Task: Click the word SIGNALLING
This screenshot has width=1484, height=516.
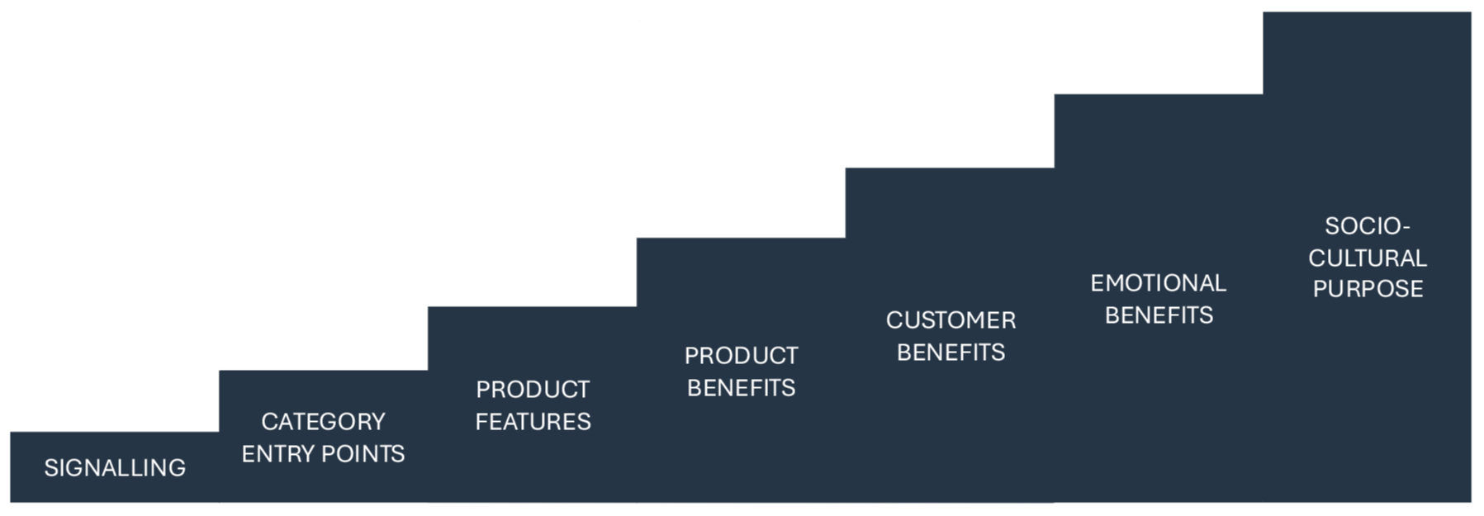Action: click(x=115, y=468)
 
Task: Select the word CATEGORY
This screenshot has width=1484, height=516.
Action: click(x=323, y=422)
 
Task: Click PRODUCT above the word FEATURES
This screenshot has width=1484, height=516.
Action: click(x=533, y=390)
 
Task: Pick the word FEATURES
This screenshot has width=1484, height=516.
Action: click(x=533, y=422)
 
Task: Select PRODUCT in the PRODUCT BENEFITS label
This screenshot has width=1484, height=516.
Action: click(x=741, y=356)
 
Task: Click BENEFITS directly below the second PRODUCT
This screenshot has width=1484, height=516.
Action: click(x=741, y=388)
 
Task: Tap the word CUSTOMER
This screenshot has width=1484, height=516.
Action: click(x=951, y=320)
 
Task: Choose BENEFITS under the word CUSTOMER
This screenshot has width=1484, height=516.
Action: click(x=951, y=353)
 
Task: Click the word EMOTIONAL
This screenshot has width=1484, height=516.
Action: click(x=1158, y=283)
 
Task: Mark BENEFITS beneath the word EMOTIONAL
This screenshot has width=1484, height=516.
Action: click(x=1159, y=315)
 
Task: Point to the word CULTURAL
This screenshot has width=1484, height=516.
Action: click(x=1367, y=258)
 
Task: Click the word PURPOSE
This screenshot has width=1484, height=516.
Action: click(x=1368, y=289)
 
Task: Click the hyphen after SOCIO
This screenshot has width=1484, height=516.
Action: click(x=1406, y=227)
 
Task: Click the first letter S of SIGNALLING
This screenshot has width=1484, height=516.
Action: click(x=50, y=468)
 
